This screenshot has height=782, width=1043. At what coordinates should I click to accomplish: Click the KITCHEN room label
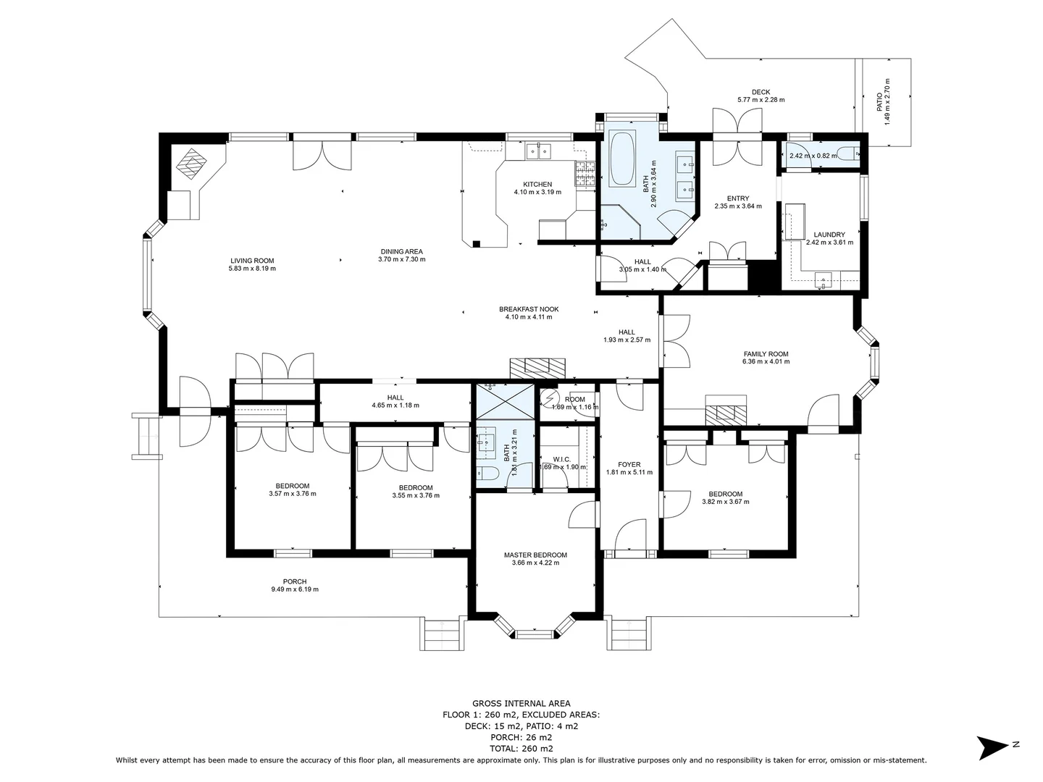537,185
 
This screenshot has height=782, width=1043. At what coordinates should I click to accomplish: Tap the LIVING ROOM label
252,261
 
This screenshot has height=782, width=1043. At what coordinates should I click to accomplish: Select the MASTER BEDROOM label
535,555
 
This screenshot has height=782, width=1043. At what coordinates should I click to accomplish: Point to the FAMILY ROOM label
766,354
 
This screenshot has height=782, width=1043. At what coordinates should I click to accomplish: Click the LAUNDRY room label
829,235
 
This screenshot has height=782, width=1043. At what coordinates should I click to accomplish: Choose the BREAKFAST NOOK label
529,309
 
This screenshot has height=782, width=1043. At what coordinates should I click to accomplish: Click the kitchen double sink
537,151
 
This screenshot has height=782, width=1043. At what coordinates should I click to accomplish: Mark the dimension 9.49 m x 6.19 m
295,589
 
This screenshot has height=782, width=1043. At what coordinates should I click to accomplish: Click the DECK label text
761,92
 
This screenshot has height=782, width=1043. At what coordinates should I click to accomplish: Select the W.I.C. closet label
562,459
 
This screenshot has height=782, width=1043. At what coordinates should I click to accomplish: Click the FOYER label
629,465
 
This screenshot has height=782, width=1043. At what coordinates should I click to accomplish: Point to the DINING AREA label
401,252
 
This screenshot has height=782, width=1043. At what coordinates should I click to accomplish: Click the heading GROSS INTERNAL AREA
521,703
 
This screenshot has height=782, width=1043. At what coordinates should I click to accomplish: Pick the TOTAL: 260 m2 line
521,749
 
